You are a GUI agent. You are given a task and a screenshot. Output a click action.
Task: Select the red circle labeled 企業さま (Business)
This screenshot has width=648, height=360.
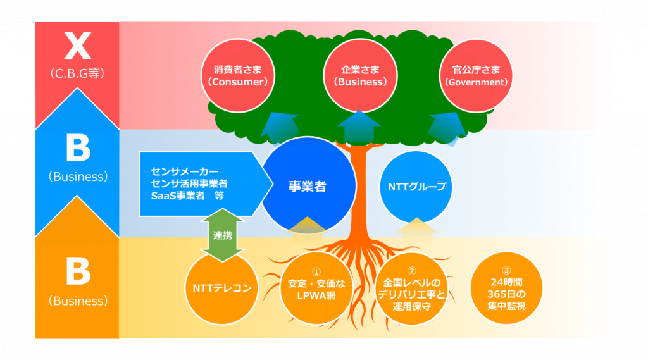pos(360,75)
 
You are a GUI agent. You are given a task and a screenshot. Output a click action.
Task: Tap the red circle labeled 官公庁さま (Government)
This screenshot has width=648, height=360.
pos(476,75)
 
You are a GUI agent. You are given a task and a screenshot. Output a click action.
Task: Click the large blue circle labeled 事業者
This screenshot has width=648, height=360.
pos(308,187)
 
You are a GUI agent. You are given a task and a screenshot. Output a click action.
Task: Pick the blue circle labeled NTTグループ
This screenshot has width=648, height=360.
pos(416,187)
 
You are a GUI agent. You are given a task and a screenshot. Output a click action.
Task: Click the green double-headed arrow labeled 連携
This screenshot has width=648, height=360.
pos(221,235)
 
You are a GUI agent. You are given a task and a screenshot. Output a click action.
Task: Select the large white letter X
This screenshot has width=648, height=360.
pos(77,47)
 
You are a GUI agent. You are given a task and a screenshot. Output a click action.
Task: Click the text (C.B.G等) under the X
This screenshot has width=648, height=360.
pos(77,73)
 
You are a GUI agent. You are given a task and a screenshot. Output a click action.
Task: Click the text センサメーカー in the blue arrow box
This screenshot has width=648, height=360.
pos(185,171)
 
